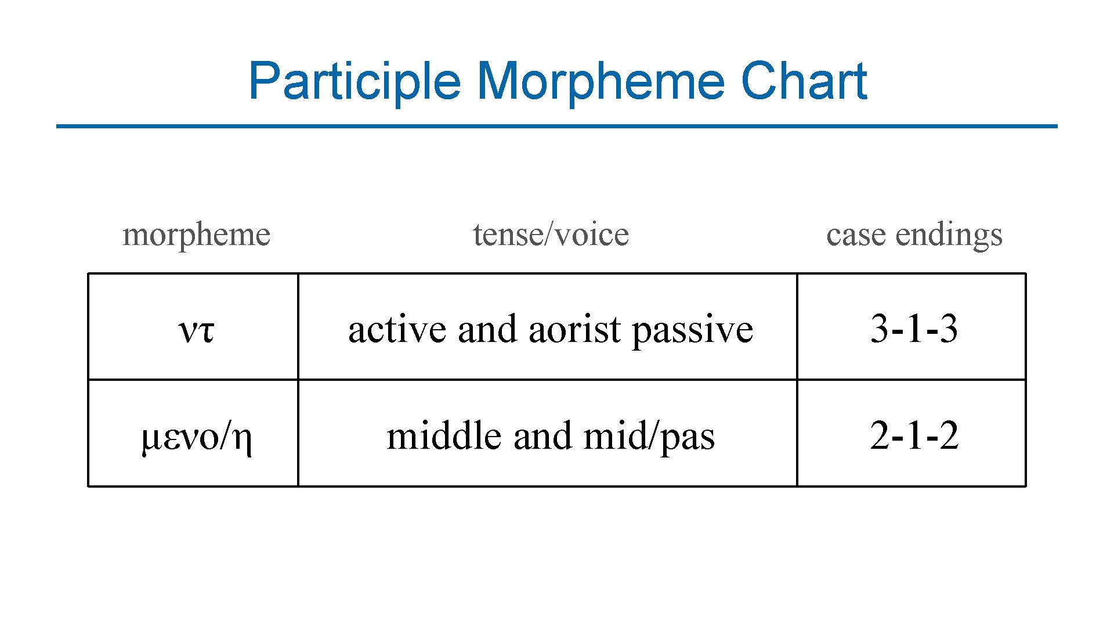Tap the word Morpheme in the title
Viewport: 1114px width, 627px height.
point(601,81)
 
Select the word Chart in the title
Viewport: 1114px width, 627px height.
point(804,81)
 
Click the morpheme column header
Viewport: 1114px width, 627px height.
point(196,235)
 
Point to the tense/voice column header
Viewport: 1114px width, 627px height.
point(551,235)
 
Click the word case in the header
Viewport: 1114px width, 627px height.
point(856,235)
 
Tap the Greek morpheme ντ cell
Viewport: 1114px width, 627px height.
point(196,330)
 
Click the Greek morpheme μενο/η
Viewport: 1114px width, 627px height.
point(196,437)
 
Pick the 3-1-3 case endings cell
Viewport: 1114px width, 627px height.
point(914,329)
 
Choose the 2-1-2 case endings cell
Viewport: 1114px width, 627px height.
point(914,435)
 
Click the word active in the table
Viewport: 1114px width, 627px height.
point(397,329)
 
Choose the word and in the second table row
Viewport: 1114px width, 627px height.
point(542,435)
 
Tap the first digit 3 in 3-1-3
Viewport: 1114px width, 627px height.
point(880,329)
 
